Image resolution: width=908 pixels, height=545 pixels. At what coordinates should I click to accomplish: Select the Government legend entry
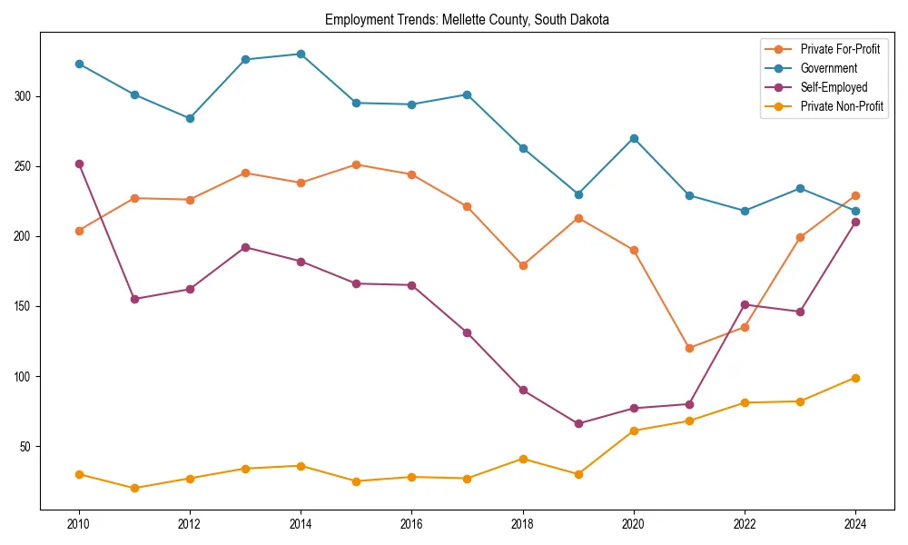[828, 68]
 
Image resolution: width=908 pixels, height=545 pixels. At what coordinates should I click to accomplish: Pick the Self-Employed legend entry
[834, 87]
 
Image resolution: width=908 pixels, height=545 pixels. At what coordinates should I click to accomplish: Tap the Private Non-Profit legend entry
[842, 106]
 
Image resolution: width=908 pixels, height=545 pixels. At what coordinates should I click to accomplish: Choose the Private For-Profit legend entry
[840, 49]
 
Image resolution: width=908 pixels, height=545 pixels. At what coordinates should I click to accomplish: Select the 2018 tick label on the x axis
[523, 524]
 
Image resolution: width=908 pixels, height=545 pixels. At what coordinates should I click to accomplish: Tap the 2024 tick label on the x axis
[855, 524]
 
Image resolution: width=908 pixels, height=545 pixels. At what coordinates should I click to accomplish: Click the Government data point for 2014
[301, 54]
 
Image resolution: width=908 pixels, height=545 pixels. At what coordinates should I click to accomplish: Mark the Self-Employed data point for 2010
[79, 163]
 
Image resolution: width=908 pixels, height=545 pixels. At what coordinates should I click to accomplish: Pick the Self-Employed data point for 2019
[578, 423]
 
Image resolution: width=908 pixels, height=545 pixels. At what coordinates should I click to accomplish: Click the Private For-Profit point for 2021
[689, 348]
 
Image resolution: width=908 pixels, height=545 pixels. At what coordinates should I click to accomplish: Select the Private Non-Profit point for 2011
[134, 488]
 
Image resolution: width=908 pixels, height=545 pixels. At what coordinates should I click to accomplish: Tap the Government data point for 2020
[634, 138]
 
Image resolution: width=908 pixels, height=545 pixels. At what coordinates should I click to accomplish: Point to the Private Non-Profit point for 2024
[855, 378]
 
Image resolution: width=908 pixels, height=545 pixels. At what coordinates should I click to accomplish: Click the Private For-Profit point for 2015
[356, 164]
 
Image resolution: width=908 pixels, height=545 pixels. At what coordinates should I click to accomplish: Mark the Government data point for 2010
[79, 64]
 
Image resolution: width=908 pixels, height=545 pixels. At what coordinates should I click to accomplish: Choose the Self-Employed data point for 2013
[245, 247]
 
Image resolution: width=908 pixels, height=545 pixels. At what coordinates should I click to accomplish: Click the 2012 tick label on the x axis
[190, 524]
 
